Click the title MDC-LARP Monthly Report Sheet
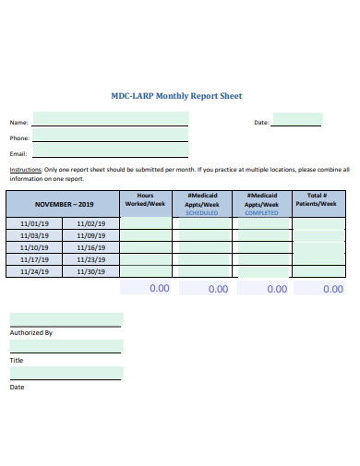coord(176,96)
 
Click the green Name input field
coord(111,119)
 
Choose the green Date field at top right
coord(296,119)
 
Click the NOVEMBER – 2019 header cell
coord(64,204)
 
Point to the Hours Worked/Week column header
coord(146,199)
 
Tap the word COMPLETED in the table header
coord(260,212)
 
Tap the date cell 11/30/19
coord(91,271)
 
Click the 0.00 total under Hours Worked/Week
coord(159,288)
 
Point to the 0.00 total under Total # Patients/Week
coord(333,289)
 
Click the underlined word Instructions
coord(25,171)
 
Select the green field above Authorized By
coord(66,319)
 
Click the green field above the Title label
coord(66,347)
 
